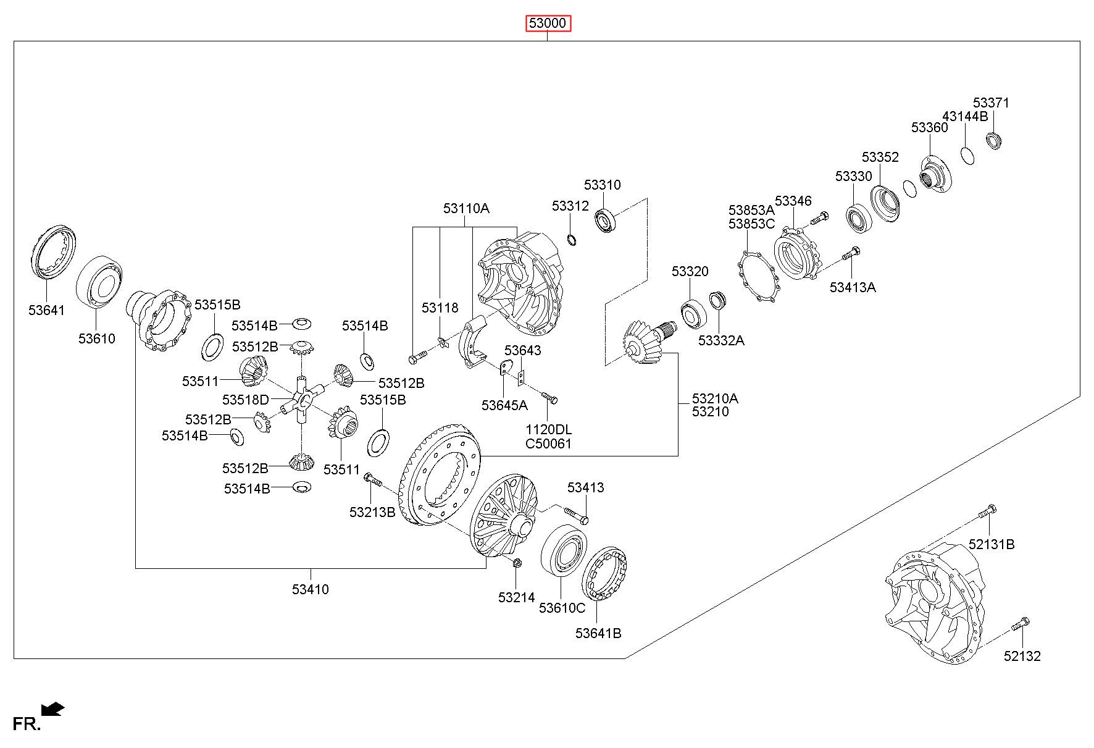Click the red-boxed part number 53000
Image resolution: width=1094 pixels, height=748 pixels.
tap(548, 24)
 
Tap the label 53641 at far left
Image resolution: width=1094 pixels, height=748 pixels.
tap(46, 310)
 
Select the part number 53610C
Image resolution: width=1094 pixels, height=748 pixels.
tap(562, 608)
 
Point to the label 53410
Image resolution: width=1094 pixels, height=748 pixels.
tap(311, 589)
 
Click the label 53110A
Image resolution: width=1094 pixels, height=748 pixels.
tap(466, 208)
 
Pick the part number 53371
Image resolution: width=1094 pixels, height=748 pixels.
tap(991, 103)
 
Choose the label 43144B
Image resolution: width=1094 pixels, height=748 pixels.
tap(965, 116)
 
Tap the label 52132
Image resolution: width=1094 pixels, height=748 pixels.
tap(1022, 656)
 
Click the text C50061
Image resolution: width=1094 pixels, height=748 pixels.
tap(548, 443)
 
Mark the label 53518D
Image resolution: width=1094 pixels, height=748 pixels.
tap(246, 400)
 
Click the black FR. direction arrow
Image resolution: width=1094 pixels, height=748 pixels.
tap(53, 708)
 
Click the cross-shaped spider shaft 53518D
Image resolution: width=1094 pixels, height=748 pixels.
tap(301, 400)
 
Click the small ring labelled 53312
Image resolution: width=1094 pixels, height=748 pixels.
tap(572, 239)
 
